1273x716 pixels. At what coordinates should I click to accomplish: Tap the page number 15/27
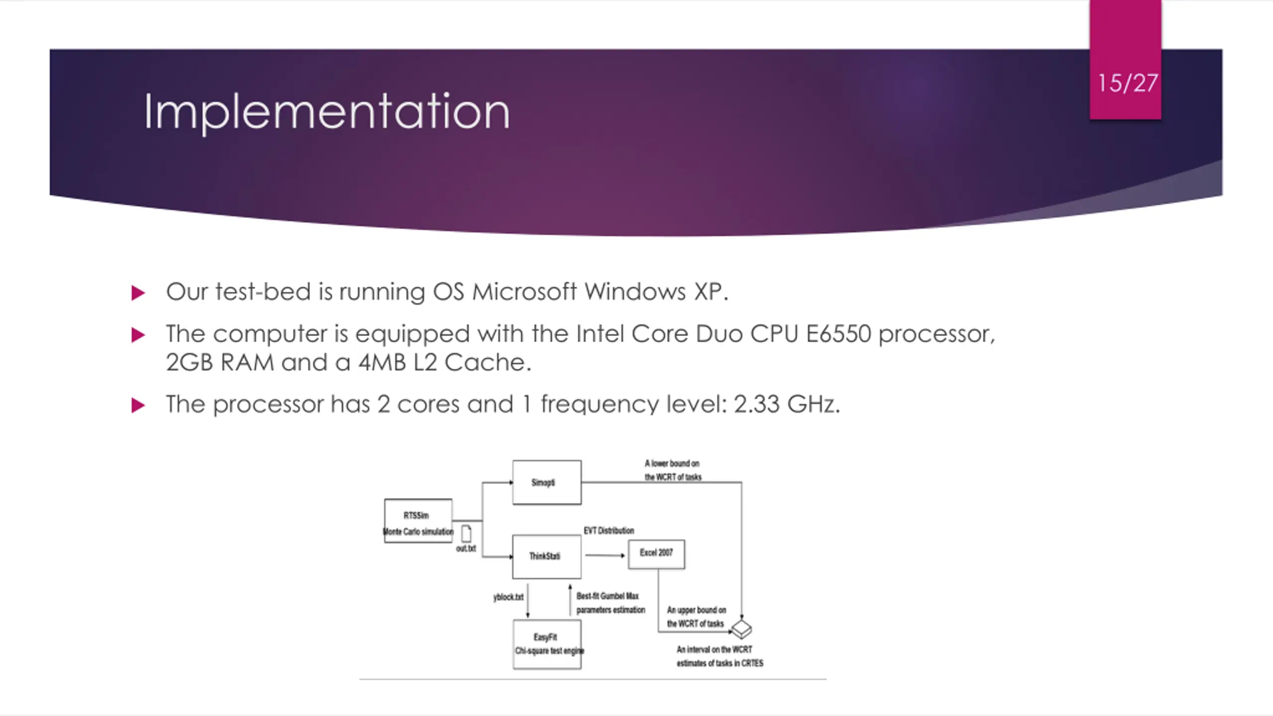[1127, 83]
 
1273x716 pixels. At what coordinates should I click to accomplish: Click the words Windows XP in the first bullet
[655, 291]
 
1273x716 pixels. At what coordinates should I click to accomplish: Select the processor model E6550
[838, 334]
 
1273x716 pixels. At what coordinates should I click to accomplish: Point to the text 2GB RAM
[219, 362]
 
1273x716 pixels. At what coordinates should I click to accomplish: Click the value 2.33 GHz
[786, 404]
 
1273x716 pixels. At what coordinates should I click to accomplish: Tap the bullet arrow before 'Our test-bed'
[138, 293]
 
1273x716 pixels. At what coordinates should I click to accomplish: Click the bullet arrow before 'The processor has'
[138, 405]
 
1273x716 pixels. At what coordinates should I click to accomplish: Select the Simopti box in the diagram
[546, 482]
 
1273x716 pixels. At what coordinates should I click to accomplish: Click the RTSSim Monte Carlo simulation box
[418, 521]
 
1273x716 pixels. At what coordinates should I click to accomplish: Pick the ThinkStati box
[546, 556]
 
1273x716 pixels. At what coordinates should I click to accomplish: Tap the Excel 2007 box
[656, 553]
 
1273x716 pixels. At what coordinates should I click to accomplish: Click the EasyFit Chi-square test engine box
[546, 644]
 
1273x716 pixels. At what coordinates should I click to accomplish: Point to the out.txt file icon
[466, 534]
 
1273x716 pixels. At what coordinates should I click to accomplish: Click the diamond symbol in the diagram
[741, 628]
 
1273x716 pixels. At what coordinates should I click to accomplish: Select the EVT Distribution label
[609, 531]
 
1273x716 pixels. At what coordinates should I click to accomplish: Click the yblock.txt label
[508, 597]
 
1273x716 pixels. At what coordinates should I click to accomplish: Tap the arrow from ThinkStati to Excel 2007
[605, 555]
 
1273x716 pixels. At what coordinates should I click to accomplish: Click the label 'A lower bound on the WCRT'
[672, 470]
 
